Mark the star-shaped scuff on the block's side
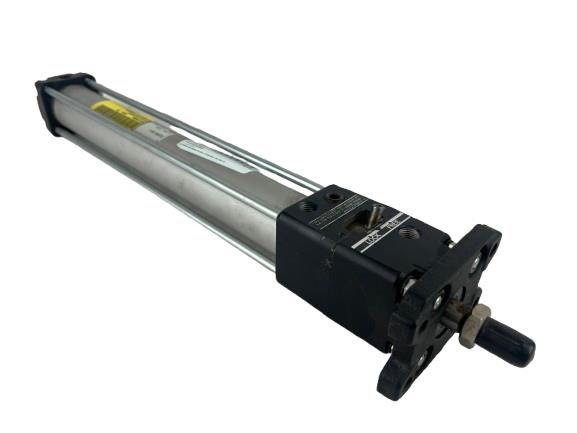(326, 264)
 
